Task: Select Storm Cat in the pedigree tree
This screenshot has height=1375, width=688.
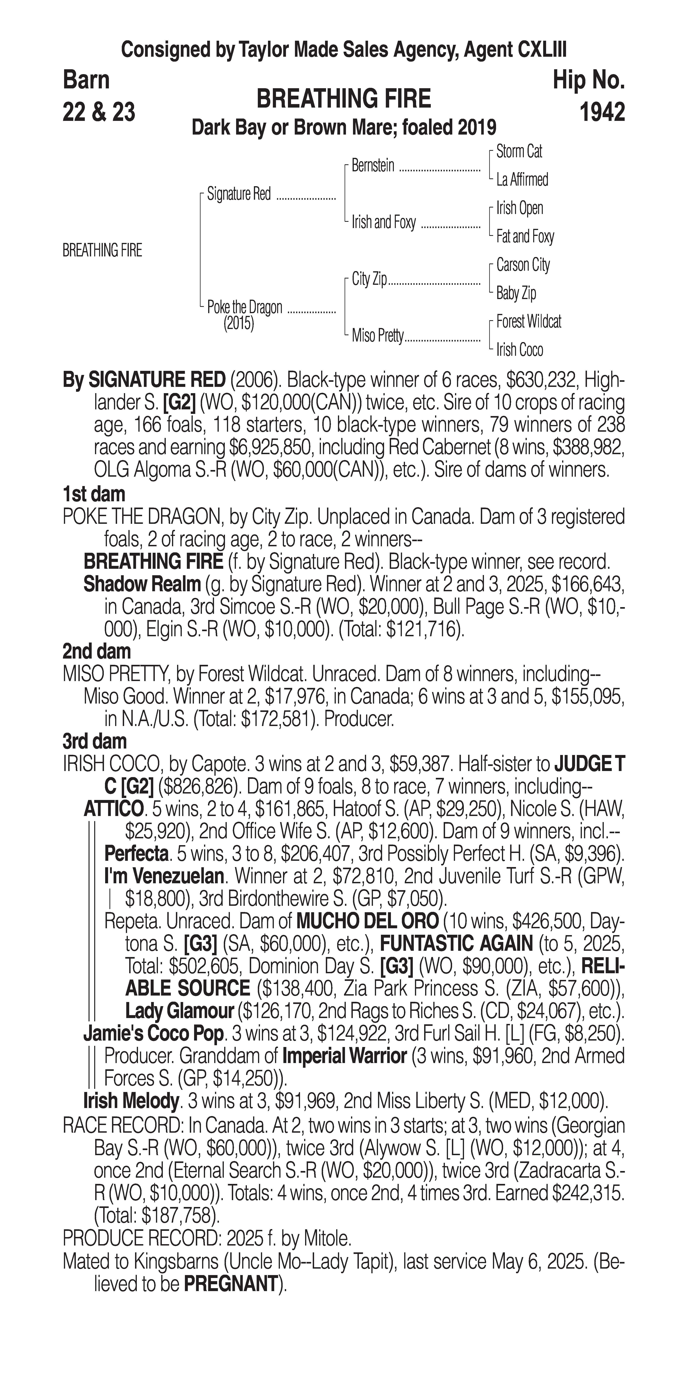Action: point(519,152)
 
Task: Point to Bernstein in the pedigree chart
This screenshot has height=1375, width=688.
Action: point(373,166)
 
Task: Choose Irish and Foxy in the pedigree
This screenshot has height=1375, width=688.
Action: point(383,222)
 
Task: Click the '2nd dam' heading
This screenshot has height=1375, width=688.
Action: point(97,651)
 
